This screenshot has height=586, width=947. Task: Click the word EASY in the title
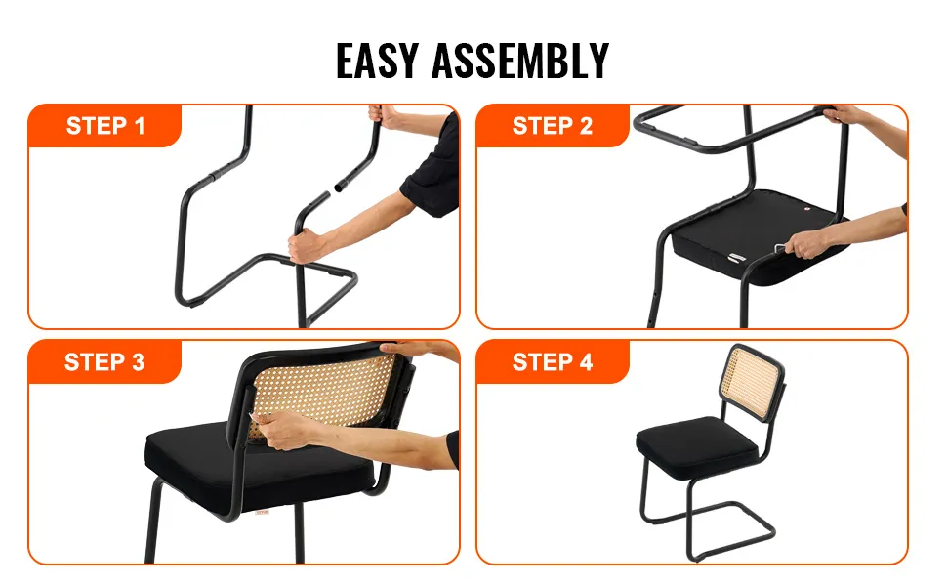point(377,61)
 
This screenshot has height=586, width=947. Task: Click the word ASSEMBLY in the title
point(520,61)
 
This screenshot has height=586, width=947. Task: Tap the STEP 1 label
point(105,126)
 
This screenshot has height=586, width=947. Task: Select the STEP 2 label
point(552,126)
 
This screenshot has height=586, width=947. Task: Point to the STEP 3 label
point(104,362)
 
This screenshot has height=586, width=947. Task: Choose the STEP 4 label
point(552,362)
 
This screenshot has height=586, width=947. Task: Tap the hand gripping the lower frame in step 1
point(308,246)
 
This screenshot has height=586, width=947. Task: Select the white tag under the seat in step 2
point(737,258)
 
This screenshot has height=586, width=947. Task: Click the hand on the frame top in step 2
point(844,114)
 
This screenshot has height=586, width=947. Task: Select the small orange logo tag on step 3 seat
point(262,513)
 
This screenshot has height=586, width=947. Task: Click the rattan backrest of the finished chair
point(749,381)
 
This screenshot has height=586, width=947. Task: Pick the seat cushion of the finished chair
point(698,444)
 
